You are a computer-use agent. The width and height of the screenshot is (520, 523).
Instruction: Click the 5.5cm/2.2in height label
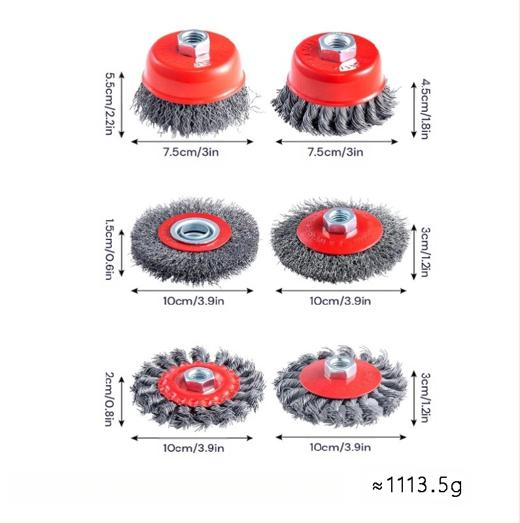pos(109,104)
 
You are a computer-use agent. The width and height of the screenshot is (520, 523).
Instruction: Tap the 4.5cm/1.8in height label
pos(425,109)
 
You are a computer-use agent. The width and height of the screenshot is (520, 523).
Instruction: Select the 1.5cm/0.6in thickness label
pos(109,249)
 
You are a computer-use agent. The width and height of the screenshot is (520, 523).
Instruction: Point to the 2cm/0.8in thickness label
pos(109,399)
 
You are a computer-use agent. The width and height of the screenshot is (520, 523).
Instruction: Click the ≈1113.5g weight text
pos(417,485)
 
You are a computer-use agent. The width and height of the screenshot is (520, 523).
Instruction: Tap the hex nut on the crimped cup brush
pos(193,44)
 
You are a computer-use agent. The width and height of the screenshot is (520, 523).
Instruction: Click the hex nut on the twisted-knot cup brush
pos(337,47)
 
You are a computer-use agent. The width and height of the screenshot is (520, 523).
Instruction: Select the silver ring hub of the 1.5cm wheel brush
pos(196,231)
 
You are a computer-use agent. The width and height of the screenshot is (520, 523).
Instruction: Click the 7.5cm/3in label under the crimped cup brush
pos(191,152)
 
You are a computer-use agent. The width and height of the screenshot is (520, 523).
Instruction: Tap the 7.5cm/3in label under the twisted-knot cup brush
pos(336,152)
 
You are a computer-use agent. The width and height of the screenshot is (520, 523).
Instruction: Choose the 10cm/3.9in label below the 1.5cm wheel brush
pos(194,301)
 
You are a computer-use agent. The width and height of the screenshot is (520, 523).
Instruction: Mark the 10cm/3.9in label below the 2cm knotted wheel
pos(194,448)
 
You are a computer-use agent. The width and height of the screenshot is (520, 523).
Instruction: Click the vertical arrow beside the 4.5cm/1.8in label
pos(414,110)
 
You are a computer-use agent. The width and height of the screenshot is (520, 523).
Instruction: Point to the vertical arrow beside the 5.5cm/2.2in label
pos(122,105)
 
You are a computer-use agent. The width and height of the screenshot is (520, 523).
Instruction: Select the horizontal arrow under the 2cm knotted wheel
pos(192,438)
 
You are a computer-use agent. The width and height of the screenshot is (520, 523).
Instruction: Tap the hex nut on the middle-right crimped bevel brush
pos(339,220)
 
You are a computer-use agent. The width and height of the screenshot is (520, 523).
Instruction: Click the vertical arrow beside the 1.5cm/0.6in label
pos(122,253)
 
